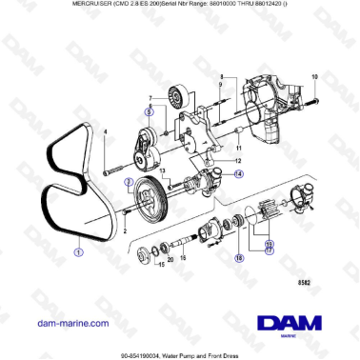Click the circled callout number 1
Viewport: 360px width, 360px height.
click(x=79, y=252)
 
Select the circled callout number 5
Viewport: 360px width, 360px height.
click(x=149, y=111)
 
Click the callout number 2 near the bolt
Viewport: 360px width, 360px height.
click(x=123, y=231)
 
